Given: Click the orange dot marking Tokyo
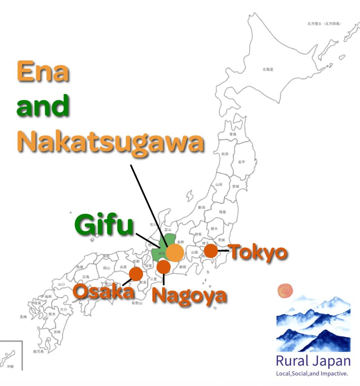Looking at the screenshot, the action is pos(211,251).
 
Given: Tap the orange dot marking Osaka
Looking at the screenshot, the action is pos(136,274).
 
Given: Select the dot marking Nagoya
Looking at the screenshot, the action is pos(163,267).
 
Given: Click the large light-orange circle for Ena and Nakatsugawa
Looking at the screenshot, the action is pos(175,253).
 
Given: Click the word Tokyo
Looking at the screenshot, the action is pos(258,252).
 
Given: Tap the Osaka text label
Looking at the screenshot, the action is pos(103,292).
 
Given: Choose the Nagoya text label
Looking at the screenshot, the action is pos(189,295).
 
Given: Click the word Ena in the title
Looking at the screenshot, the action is pos(43,72).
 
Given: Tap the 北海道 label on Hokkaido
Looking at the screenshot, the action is pos(268,69).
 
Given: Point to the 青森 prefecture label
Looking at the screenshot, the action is pos(233,134).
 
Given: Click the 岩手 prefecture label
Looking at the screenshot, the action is pos(241,161).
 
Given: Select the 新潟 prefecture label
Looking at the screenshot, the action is pos(202,208).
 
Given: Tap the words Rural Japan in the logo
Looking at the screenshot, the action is pos(313,361).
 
